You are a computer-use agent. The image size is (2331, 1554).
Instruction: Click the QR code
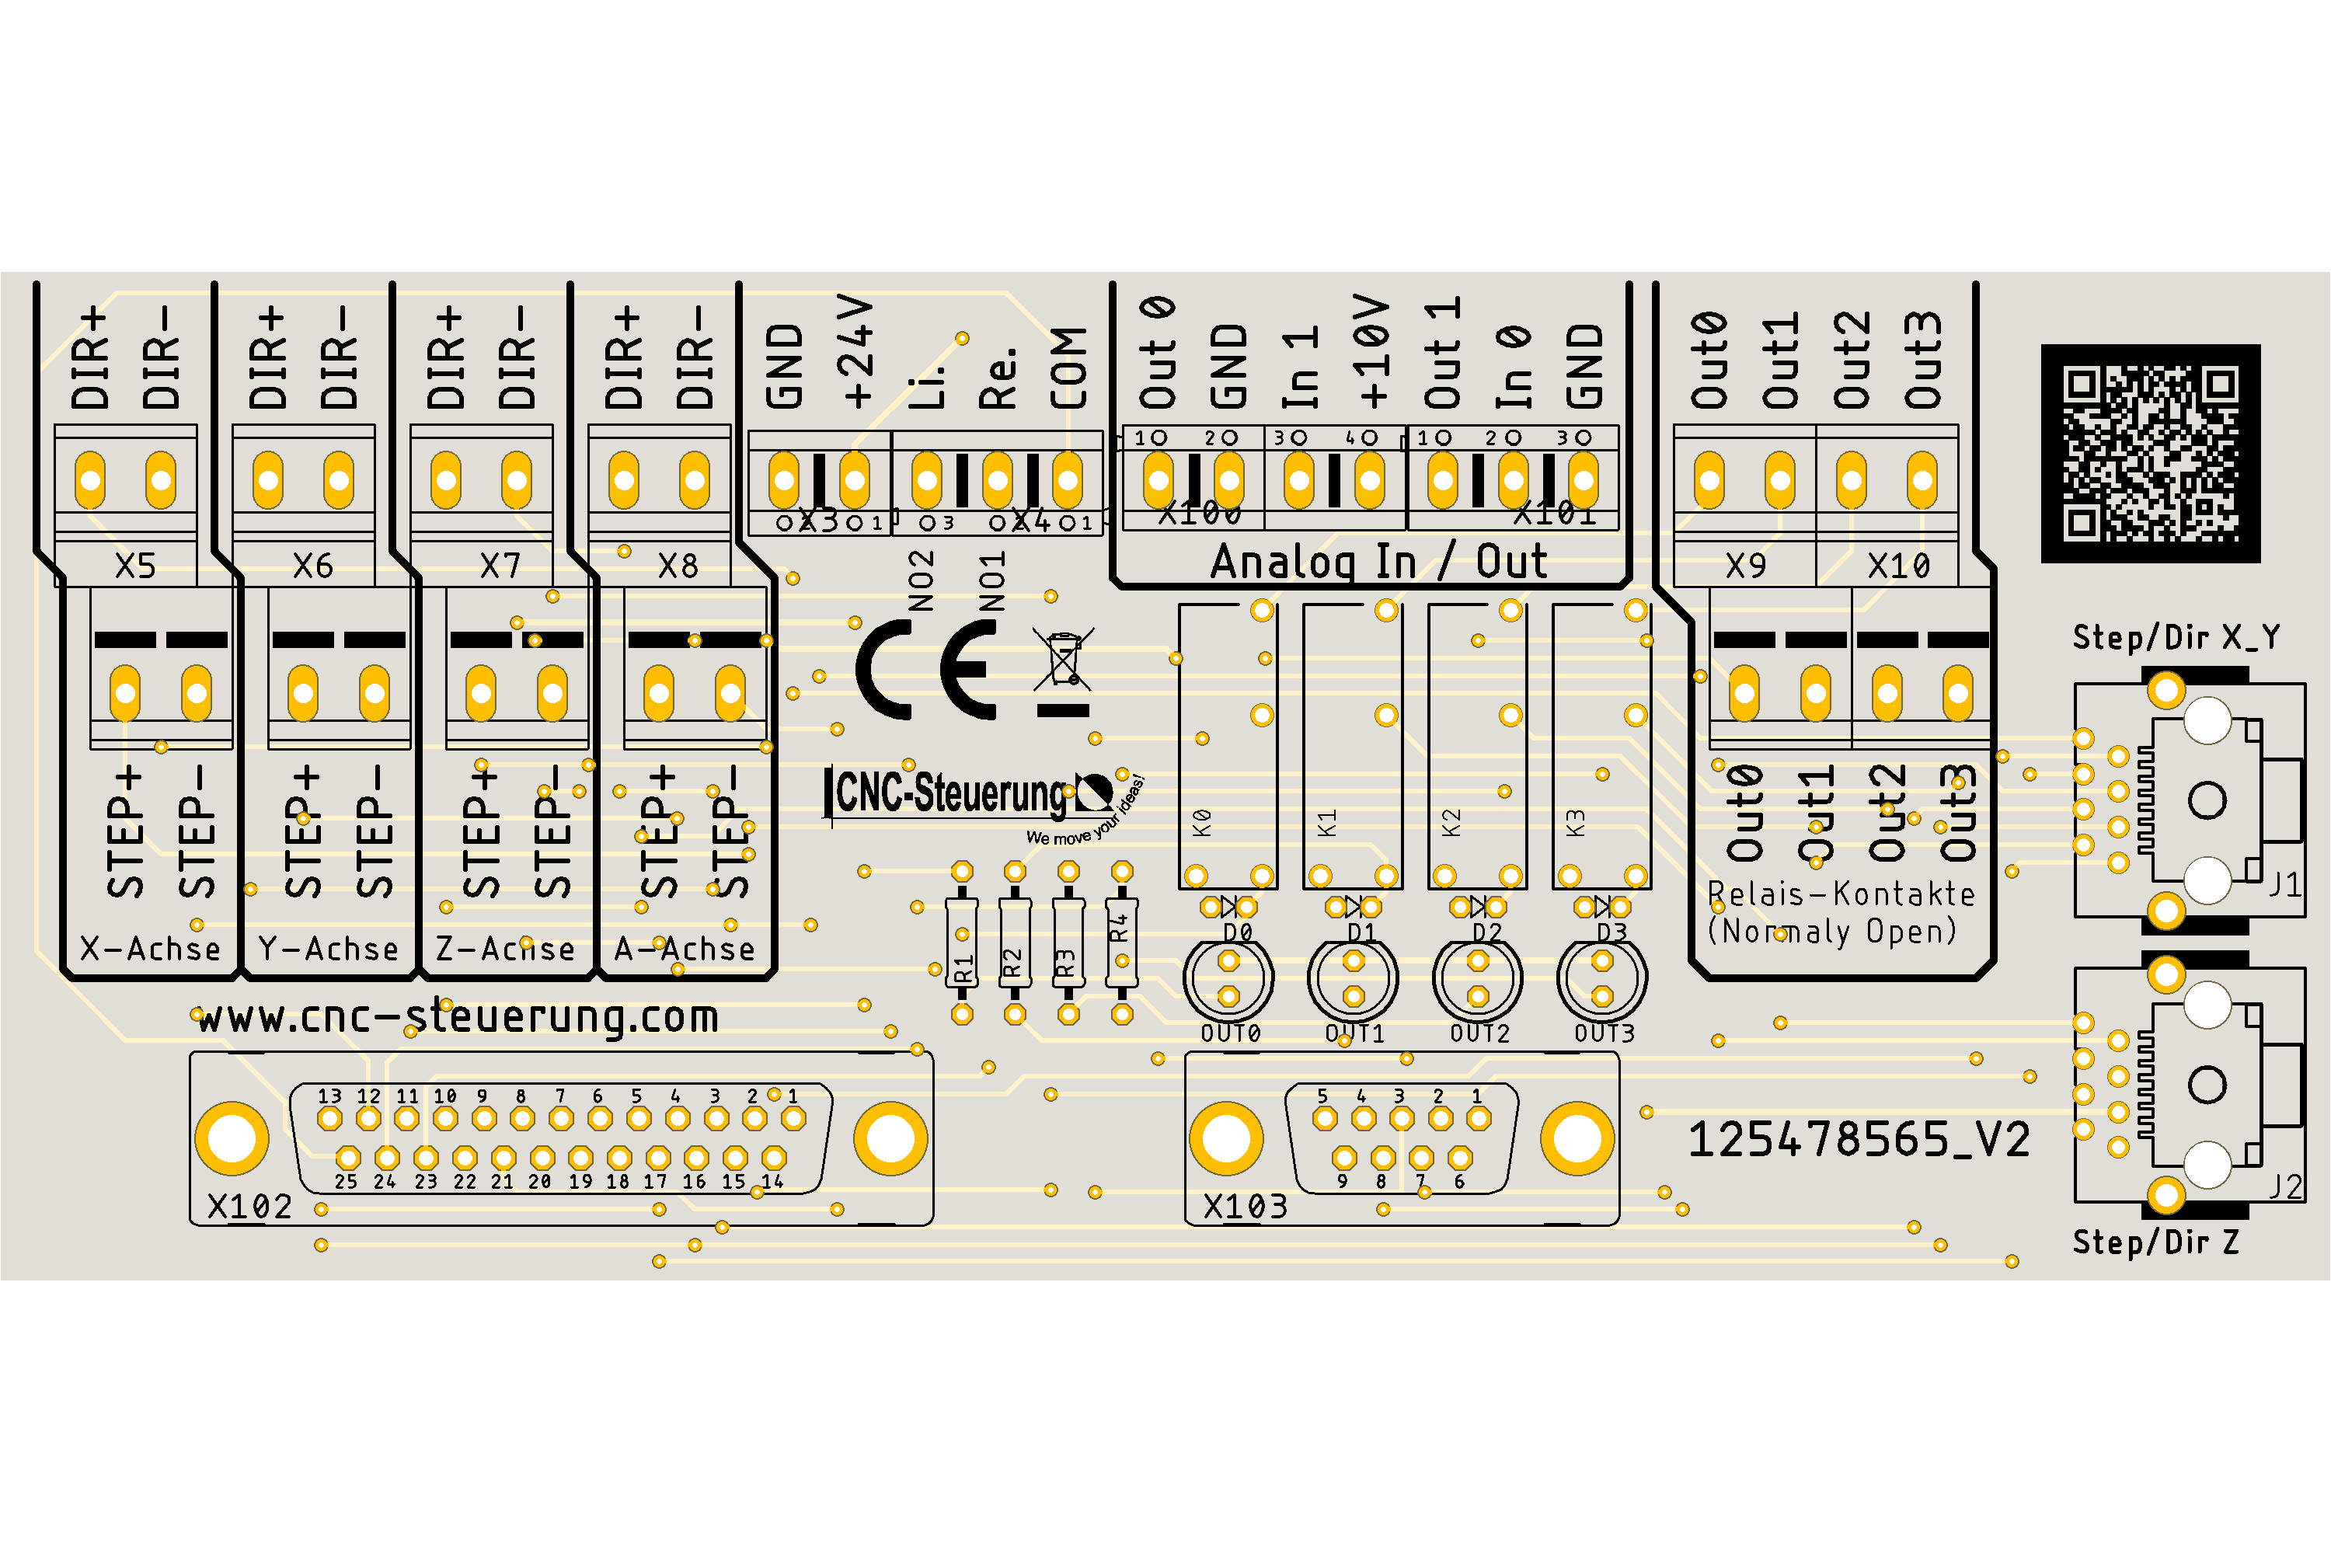[2151, 454]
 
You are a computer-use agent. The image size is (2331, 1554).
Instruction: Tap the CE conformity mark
[927, 670]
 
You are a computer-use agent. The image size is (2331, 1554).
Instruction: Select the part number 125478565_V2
[1859, 1140]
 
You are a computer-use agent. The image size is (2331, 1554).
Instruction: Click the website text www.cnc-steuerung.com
[458, 1018]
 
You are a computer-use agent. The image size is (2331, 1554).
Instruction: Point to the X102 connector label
[249, 1206]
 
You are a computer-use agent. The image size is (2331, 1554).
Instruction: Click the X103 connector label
[1245, 1206]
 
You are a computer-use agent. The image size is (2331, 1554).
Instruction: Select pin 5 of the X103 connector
[1324, 1119]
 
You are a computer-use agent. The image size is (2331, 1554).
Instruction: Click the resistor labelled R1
[961, 943]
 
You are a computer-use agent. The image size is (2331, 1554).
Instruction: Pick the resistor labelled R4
[1121, 943]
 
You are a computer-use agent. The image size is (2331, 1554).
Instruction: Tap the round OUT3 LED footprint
[1602, 978]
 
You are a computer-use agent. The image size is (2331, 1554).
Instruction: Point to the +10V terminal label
[1374, 352]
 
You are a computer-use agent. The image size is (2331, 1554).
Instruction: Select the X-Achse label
[151, 949]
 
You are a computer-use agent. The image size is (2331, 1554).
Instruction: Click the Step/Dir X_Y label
[2176, 637]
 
